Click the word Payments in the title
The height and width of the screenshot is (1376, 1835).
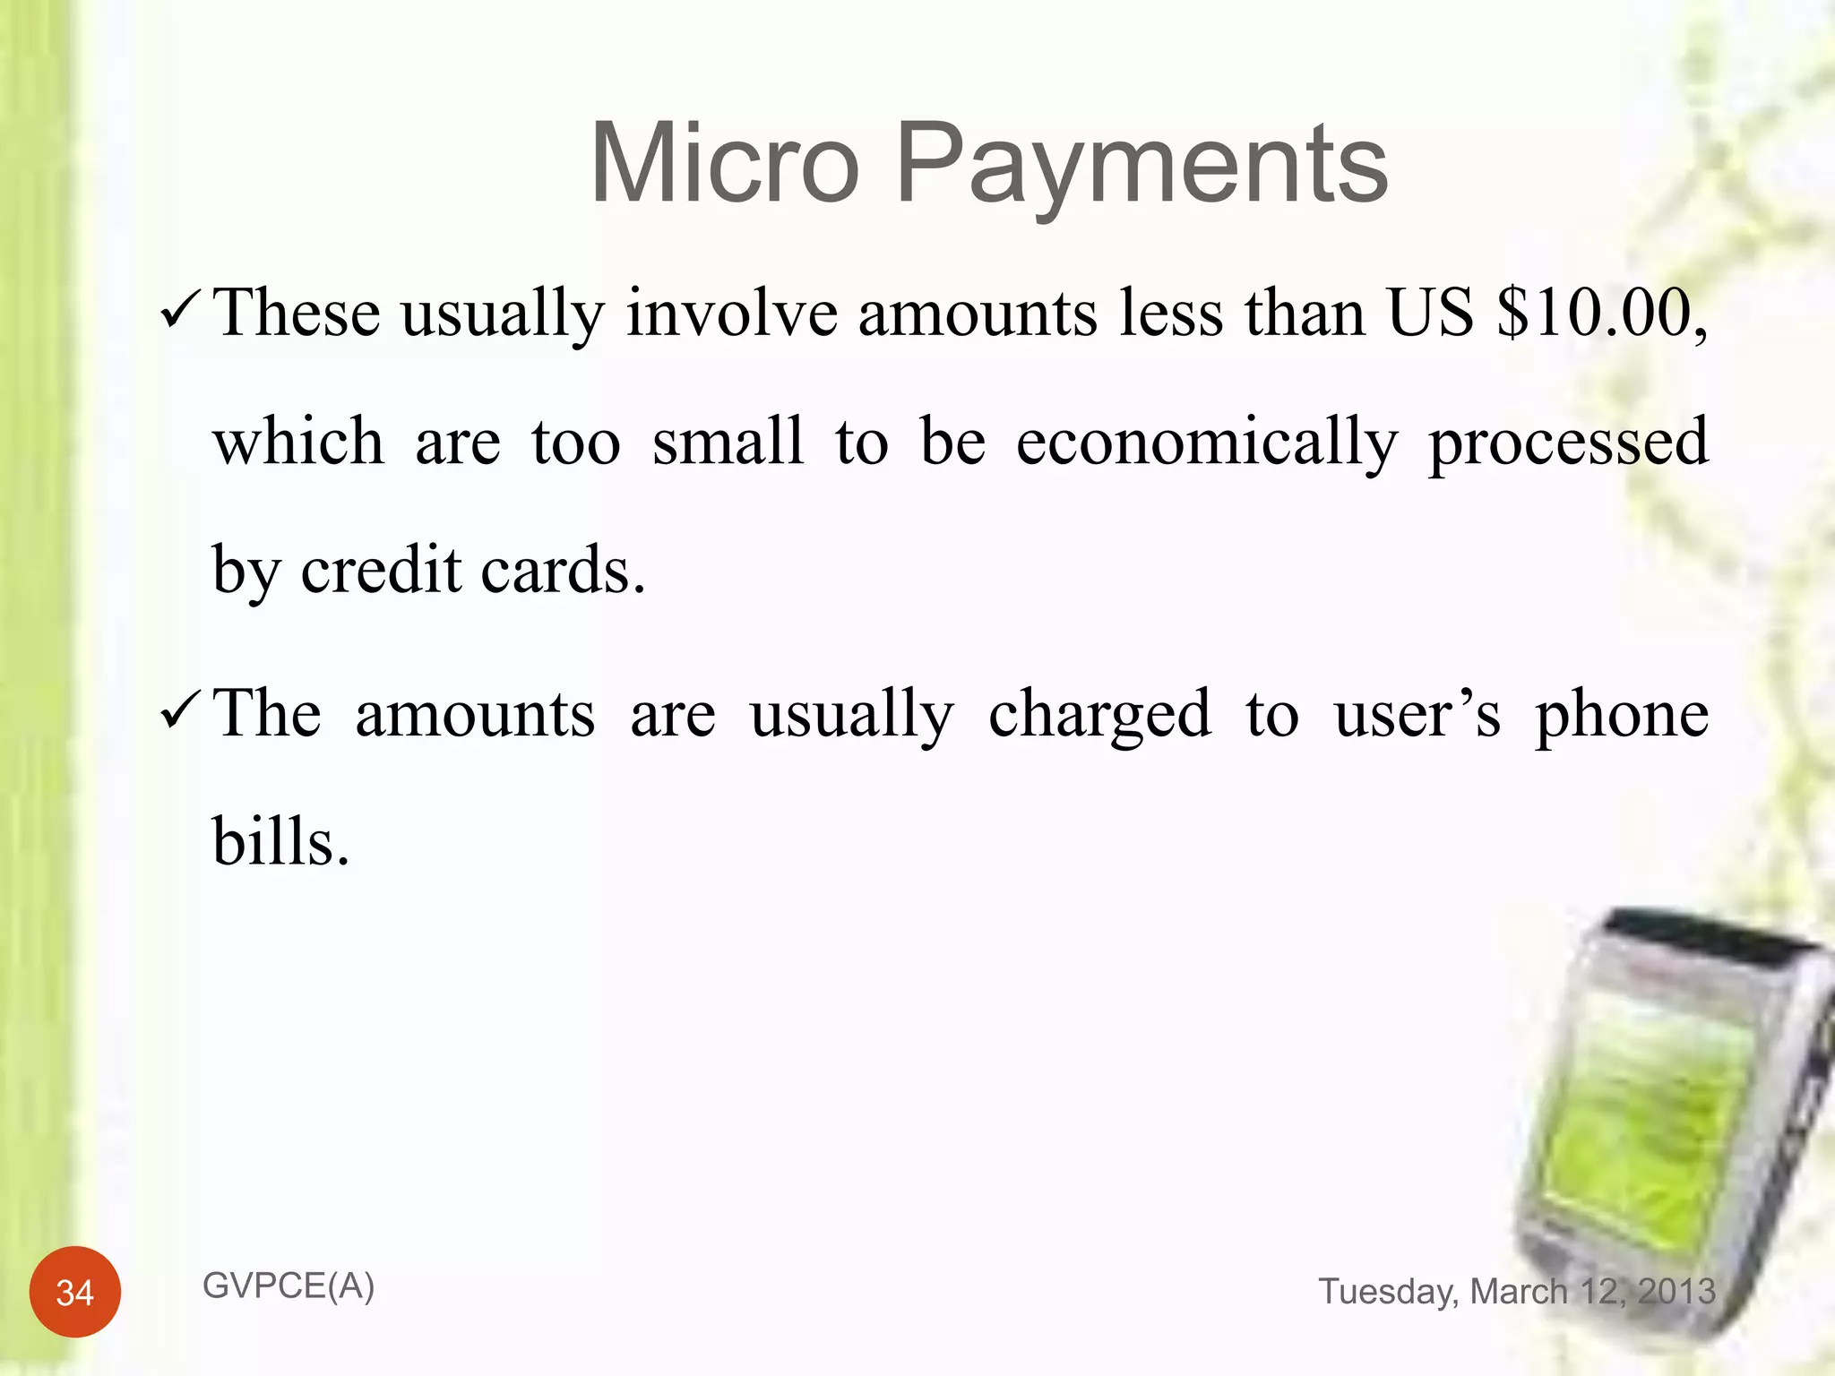pyautogui.click(x=1141, y=166)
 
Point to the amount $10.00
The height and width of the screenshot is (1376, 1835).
pyautogui.click(x=1600, y=314)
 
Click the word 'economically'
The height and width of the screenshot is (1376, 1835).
pyautogui.click(x=1206, y=443)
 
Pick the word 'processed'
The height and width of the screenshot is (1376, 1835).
pyautogui.click(x=1568, y=443)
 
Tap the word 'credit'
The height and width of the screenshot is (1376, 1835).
pyautogui.click(x=381, y=570)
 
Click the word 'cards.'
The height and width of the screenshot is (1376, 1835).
pyautogui.click(x=563, y=570)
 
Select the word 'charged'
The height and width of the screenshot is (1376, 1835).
pyautogui.click(x=1099, y=716)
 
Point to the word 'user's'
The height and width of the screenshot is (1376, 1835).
pyautogui.click(x=1417, y=716)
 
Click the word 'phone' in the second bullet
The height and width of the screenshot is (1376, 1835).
pyautogui.click(x=1622, y=716)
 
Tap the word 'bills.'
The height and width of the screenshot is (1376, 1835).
pyautogui.click(x=280, y=842)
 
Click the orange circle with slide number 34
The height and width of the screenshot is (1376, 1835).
pyautogui.click(x=75, y=1292)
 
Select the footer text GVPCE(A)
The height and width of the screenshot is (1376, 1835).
pyautogui.click(x=289, y=1286)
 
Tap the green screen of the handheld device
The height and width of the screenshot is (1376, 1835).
pyautogui.click(x=1644, y=1129)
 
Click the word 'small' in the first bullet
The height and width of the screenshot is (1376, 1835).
pyautogui.click(x=728, y=442)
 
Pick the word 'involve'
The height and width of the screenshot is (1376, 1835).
pyautogui.click(x=731, y=314)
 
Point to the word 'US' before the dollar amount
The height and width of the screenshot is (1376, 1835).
pyautogui.click(x=1430, y=314)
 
